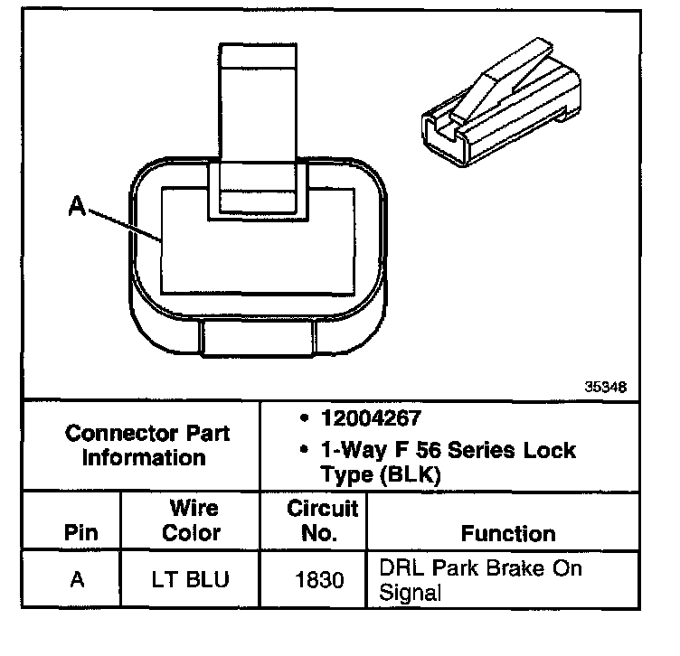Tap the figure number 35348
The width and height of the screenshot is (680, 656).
pos(604,385)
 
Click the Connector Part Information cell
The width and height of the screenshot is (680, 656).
pos(147,445)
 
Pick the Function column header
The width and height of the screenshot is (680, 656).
pos(508,533)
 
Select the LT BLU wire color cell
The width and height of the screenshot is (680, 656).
pos(192,578)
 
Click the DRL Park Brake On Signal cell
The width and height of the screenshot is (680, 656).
pos(479,580)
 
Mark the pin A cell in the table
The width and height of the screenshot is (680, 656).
pos(78,578)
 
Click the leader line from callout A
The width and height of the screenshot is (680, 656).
pos(125,225)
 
